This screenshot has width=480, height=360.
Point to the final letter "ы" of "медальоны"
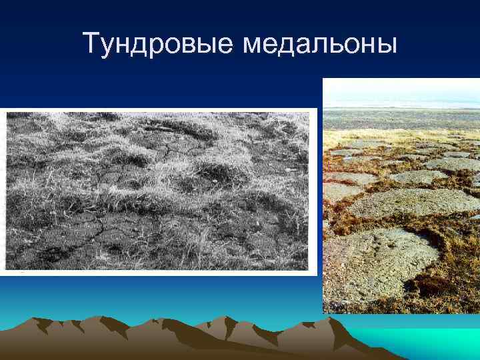point(387,47)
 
